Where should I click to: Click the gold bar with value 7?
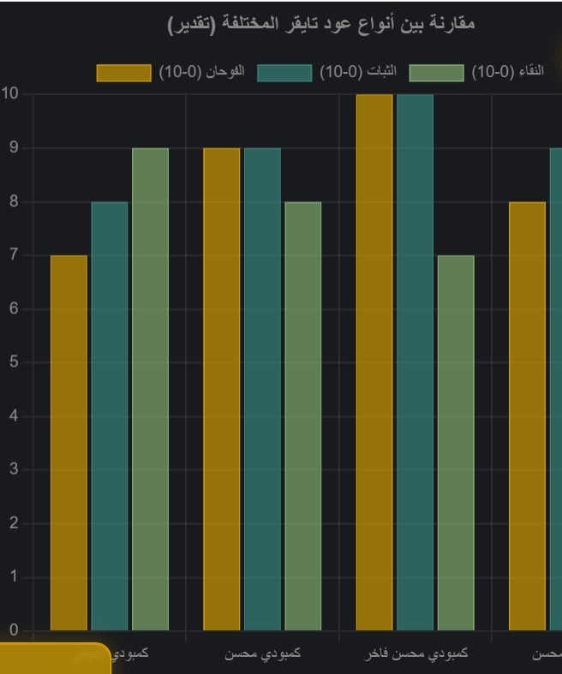[69, 443]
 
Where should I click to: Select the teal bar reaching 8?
[110, 416]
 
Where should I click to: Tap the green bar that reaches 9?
[150, 390]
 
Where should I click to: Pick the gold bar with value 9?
[221, 390]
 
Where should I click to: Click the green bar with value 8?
[302, 416]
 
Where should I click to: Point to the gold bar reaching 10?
[374, 362]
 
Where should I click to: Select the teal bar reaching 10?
[415, 362]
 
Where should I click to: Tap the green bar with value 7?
[455, 443]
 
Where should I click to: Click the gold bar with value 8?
[527, 416]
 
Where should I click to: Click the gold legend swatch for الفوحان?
[123, 73]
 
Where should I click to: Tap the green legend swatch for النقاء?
[436, 73]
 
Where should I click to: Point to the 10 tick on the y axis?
[10, 93]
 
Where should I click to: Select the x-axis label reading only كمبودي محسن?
[262, 654]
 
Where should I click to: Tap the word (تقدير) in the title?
[192, 23]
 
